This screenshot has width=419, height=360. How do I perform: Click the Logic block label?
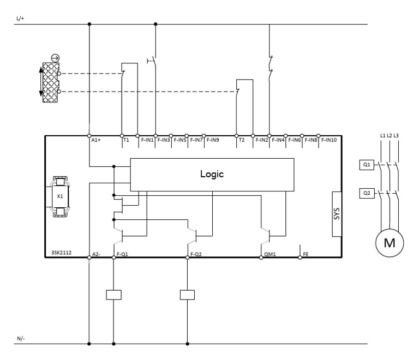(x=212, y=175)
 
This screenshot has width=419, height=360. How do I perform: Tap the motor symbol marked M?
(x=390, y=242)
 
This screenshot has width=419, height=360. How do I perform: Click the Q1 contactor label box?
(x=367, y=164)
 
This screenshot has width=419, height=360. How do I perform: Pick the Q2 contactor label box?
(x=367, y=193)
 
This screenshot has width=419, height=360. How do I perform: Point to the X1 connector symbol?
(x=60, y=196)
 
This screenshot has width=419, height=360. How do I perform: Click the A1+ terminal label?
(x=96, y=140)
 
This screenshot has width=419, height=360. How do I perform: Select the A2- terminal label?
(x=96, y=254)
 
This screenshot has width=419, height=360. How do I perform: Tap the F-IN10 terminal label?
(x=330, y=140)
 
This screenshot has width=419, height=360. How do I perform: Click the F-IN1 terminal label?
(x=147, y=140)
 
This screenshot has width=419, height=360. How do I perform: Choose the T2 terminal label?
(x=242, y=140)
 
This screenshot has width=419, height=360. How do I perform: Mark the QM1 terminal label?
(x=270, y=254)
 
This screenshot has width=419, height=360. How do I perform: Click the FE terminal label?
(x=306, y=254)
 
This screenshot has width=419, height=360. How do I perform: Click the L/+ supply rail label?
(x=21, y=19)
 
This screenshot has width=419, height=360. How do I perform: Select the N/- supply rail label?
(x=21, y=338)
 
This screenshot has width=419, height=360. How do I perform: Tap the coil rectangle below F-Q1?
(x=113, y=295)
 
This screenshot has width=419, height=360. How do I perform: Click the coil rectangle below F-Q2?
(x=187, y=295)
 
